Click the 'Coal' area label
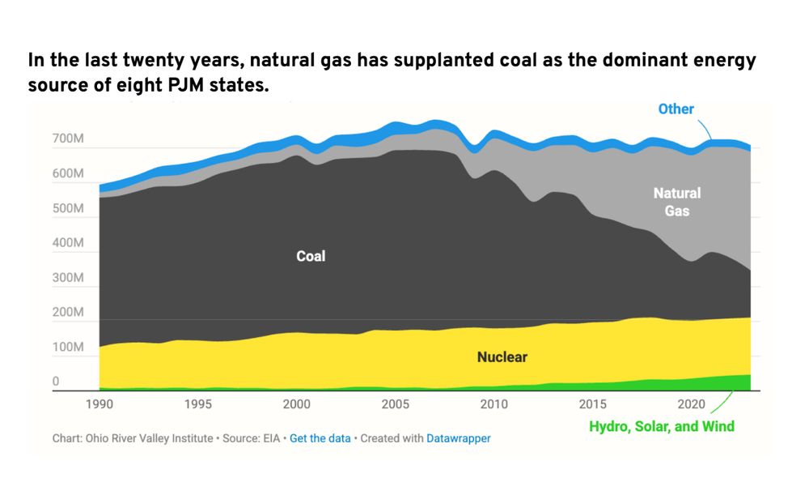(x=311, y=256)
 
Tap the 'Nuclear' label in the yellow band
(x=502, y=356)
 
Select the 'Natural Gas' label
(x=677, y=202)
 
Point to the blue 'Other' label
(x=676, y=109)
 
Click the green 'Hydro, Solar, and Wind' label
(x=661, y=426)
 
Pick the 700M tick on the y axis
(x=69, y=140)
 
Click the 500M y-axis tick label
(x=69, y=209)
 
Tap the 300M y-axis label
(x=69, y=278)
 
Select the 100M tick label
(x=69, y=347)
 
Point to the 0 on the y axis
(x=56, y=382)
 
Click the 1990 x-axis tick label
(x=99, y=403)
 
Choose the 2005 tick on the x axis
(x=395, y=403)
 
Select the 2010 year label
(x=493, y=403)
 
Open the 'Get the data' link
(x=320, y=438)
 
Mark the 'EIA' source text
(x=270, y=438)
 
